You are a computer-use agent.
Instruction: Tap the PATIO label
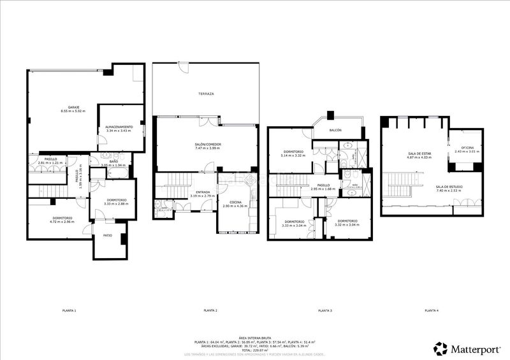(108, 236)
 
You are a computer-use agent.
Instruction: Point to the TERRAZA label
(205, 94)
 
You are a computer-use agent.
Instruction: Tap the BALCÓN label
(335, 130)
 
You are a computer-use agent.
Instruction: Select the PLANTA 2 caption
(210, 310)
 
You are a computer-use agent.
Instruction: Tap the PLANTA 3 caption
(324, 310)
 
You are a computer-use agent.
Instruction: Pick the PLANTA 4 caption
(431, 310)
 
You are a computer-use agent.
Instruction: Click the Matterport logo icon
(440, 349)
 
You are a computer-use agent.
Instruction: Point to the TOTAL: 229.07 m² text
(255, 350)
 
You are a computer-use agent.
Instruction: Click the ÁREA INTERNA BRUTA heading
(255, 338)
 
